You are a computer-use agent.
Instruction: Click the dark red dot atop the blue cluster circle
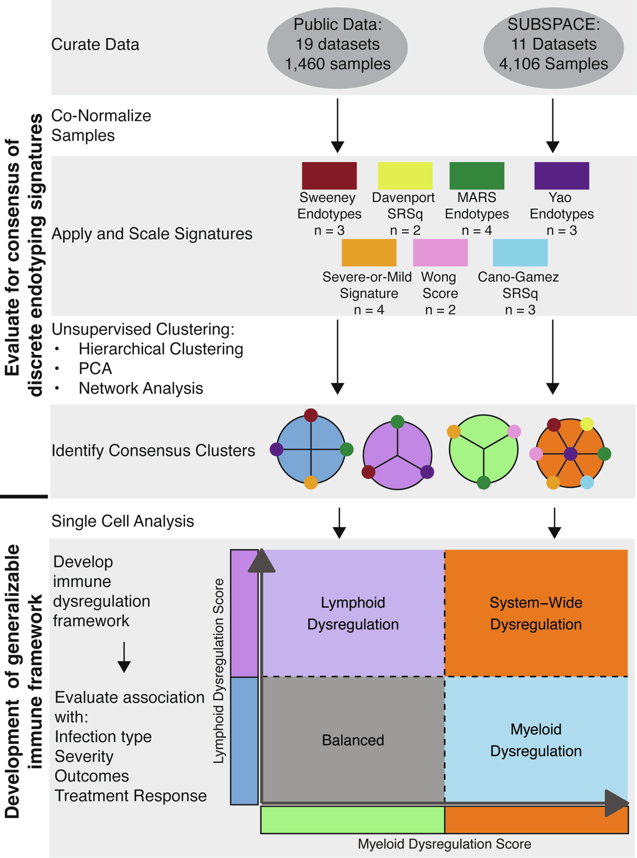coord(311,415)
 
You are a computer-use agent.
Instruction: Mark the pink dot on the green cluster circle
coord(514,431)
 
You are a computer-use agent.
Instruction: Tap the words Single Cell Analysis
coord(123,521)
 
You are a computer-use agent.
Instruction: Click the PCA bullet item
coord(95,368)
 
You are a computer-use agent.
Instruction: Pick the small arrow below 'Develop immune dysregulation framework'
coord(124,657)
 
